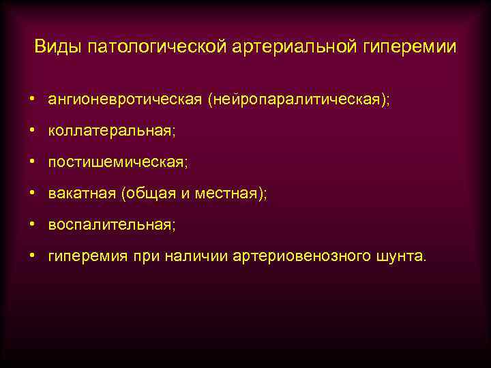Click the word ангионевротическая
[124, 100]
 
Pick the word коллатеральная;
[111, 132]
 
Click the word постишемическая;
[117, 163]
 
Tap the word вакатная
[81, 194]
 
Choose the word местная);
[231, 194]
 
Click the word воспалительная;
[112, 226]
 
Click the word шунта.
[399, 257]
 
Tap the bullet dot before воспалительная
[32, 225]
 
